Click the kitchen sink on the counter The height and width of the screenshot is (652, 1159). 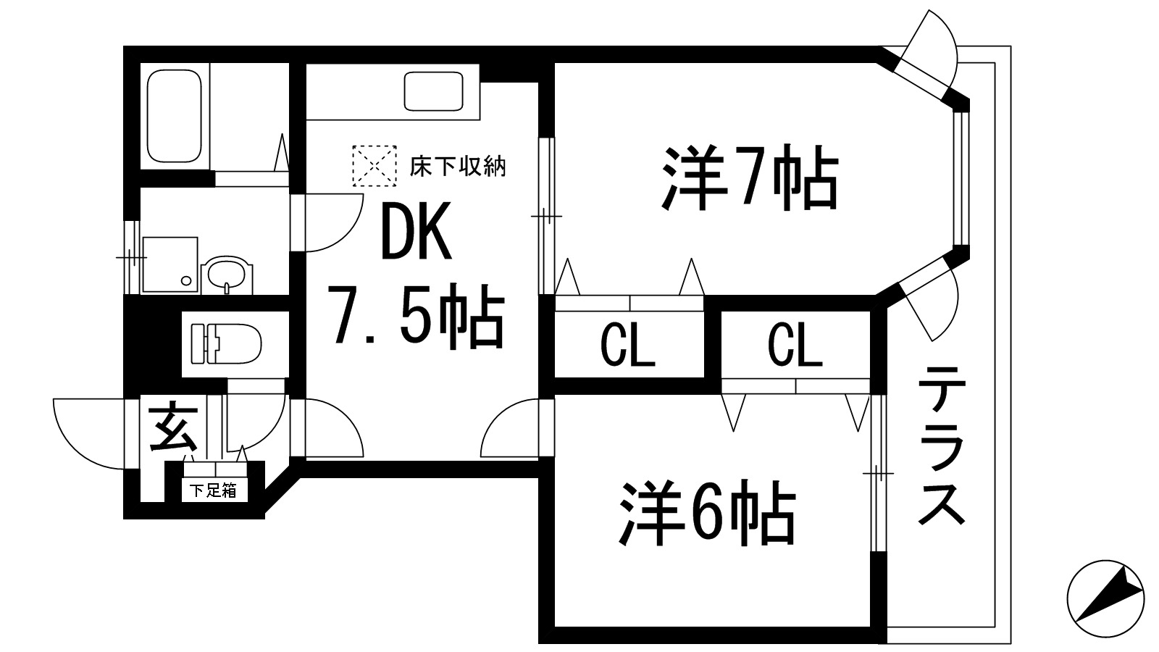[433, 92]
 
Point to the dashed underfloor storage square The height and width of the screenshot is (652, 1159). [375, 166]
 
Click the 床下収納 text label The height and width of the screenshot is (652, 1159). [457, 167]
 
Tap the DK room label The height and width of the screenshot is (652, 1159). [414, 231]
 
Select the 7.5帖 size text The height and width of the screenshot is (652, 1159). [415, 316]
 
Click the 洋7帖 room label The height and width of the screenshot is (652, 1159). [748, 178]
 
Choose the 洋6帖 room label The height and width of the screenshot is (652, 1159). [706, 516]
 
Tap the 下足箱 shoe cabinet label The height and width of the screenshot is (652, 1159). [213, 490]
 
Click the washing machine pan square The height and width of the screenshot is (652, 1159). [170, 264]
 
